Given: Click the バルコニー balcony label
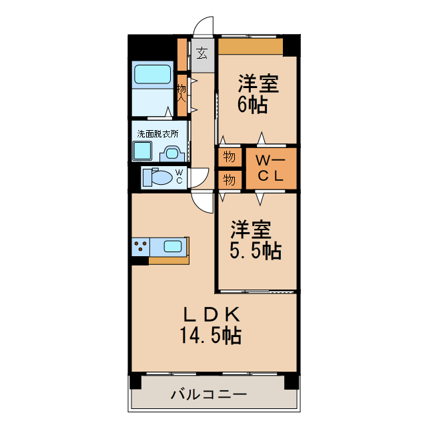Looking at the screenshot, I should pyautogui.click(x=209, y=394).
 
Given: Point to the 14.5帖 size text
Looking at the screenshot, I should pyautogui.click(x=209, y=336).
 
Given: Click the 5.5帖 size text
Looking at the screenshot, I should pyautogui.click(x=256, y=250).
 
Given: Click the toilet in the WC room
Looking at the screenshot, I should pyautogui.click(x=157, y=177).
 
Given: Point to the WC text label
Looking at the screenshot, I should pyautogui.click(x=179, y=177).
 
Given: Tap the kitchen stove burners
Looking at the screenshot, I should pyautogui.click(x=140, y=247).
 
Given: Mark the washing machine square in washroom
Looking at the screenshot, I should pyautogui.click(x=143, y=153).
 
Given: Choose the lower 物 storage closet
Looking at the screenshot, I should pyautogui.click(x=229, y=180).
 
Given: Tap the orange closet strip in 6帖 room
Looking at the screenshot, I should pyautogui.click(x=250, y=47).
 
